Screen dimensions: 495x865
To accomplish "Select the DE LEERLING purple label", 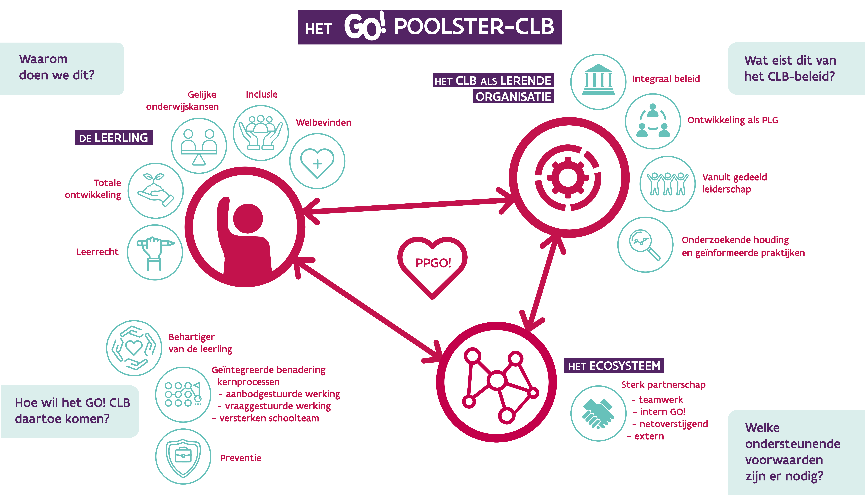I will pyautogui.click(x=114, y=138).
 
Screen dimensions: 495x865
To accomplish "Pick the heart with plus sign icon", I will pyautogui.click(x=317, y=161).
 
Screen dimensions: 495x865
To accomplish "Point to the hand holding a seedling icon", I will pyautogui.click(x=155, y=191).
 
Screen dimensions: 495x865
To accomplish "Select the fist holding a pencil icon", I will pyautogui.click(x=155, y=252).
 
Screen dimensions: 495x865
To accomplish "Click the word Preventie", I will pyautogui.click(x=241, y=458).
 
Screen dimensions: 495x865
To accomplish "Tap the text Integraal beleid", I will pyautogui.click(x=666, y=79).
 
